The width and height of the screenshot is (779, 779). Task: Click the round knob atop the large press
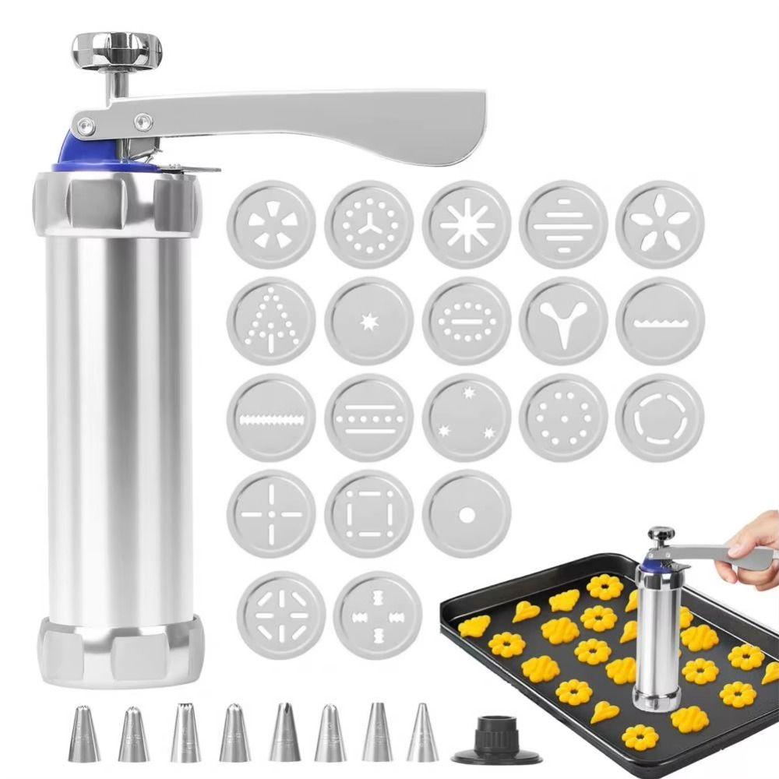[x=116, y=48]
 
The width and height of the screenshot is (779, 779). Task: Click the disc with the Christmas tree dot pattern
[x=271, y=320]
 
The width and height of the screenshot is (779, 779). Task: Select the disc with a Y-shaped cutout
[x=563, y=320]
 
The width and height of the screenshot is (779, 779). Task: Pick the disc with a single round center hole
[x=466, y=514]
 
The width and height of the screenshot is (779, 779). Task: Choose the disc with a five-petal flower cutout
[x=660, y=224]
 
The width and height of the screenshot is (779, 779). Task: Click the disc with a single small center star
[x=368, y=320]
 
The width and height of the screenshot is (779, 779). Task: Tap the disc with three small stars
[x=466, y=418]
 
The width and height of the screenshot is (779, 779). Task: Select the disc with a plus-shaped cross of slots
[x=271, y=514]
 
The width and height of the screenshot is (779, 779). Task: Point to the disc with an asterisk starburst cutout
[x=466, y=224]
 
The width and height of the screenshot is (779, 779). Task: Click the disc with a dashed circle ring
[x=660, y=418]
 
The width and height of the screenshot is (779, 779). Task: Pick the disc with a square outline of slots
[x=368, y=514]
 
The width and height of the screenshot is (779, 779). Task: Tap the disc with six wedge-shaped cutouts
[x=271, y=224]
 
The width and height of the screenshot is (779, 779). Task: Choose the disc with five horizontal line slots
[x=563, y=224]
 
